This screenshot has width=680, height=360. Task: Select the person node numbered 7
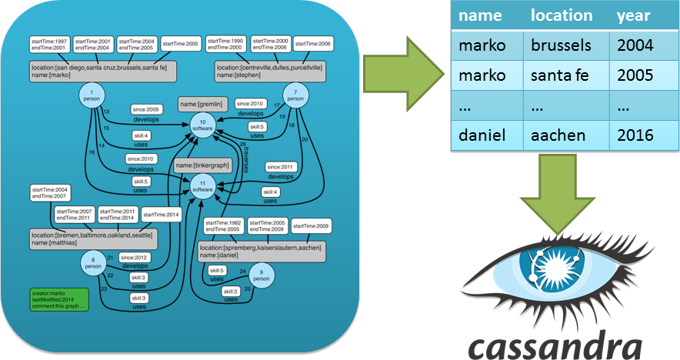(x=295, y=97)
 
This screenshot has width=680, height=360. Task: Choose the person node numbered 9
(x=261, y=275)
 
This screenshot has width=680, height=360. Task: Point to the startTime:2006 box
(x=313, y=45)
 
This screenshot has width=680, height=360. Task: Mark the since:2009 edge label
(x=145, y=109)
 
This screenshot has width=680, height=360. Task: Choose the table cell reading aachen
(x=558, y=135)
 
